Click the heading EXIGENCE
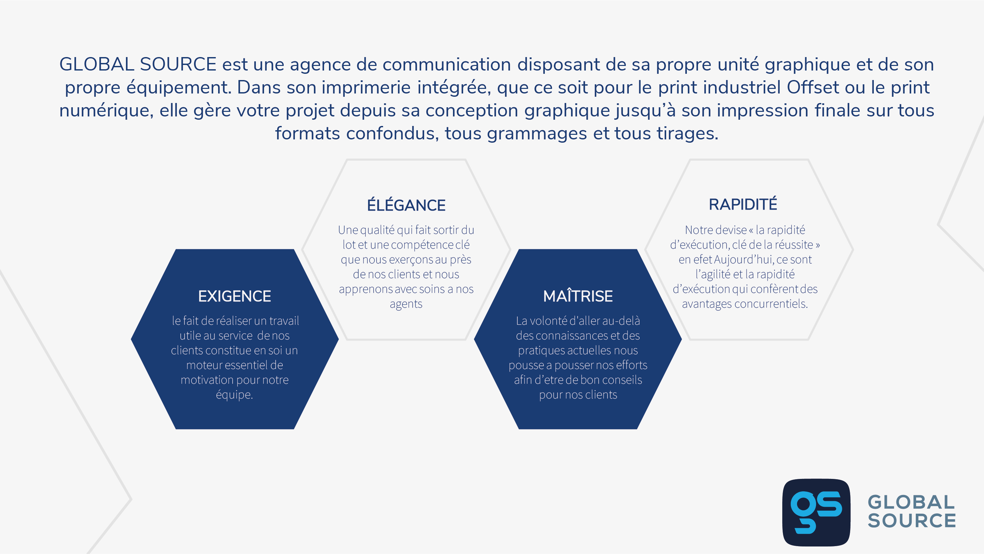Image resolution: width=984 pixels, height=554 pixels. (x=235, y=296)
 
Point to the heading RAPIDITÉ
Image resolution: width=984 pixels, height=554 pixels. (x=743, y=204)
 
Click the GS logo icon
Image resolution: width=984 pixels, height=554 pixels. (x=816, y=512)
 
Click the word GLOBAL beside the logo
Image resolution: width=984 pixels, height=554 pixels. (x=912, y=502)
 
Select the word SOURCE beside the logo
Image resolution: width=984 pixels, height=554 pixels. (x=912, y=520)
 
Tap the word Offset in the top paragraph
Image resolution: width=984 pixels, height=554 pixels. (x=813, y=87)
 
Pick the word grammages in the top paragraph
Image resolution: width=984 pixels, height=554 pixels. (x=537, y=134)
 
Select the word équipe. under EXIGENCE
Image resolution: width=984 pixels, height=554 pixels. (x=235, y=394)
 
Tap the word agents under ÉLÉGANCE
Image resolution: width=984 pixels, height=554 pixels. (x=406, y=304)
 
